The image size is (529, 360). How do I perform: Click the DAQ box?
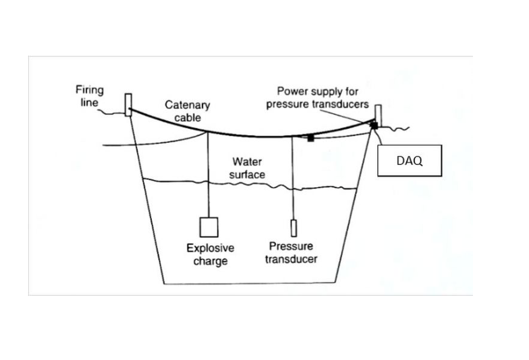point(409,161)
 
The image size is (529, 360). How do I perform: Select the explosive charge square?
point(208,226)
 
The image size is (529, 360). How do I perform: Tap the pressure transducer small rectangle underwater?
point(293,229)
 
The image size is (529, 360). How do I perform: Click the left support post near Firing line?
point(128,104)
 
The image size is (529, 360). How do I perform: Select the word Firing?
point(89,90)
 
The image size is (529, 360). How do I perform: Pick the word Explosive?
point(210,248)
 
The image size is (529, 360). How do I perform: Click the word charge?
point(210,261)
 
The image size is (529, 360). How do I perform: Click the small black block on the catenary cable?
point(310,138)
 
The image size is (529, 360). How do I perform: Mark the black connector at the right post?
point(374,125)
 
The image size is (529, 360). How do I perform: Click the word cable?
point(187,117)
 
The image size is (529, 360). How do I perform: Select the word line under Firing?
point(89,102)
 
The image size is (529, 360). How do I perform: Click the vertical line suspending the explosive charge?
point(208,175)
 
